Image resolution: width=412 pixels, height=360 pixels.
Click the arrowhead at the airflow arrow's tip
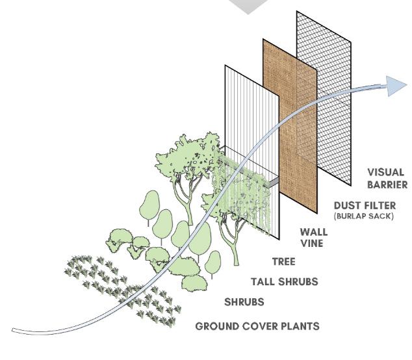pos(396,85)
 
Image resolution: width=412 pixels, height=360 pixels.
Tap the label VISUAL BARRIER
pos(387,178)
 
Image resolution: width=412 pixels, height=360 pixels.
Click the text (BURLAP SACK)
pos(363,216)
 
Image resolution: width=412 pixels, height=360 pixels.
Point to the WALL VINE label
pos(313,237)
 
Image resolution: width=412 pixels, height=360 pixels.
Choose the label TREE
pos(283,262)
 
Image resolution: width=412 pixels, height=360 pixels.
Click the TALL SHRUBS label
pos(284,281)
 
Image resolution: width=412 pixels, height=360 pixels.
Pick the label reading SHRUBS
pos(244,302)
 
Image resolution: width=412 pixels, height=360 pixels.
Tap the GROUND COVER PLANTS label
pos(257,326)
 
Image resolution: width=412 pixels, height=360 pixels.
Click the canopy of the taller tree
pos(188,156)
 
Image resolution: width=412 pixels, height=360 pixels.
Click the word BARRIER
pos(387,185)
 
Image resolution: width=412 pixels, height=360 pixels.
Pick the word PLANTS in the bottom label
pos(298,326)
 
